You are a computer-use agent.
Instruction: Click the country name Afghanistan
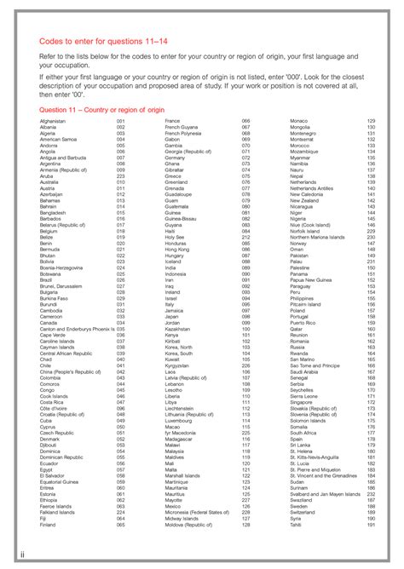[x=53, y=122]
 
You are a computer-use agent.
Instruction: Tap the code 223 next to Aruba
[x=121, y=176]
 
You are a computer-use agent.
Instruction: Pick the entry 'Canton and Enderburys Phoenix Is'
[x=78, y=328]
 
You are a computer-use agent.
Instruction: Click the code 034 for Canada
[x=121, y=322]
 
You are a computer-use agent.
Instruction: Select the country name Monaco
[x=300, y=122]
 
